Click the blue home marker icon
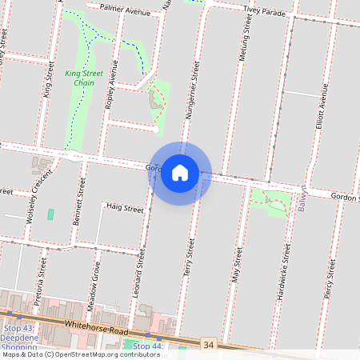point(180,173)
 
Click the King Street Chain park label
point(84,78)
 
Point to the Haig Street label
point(125,208)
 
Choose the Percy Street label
point(330,282)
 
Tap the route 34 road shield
point(209,343)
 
